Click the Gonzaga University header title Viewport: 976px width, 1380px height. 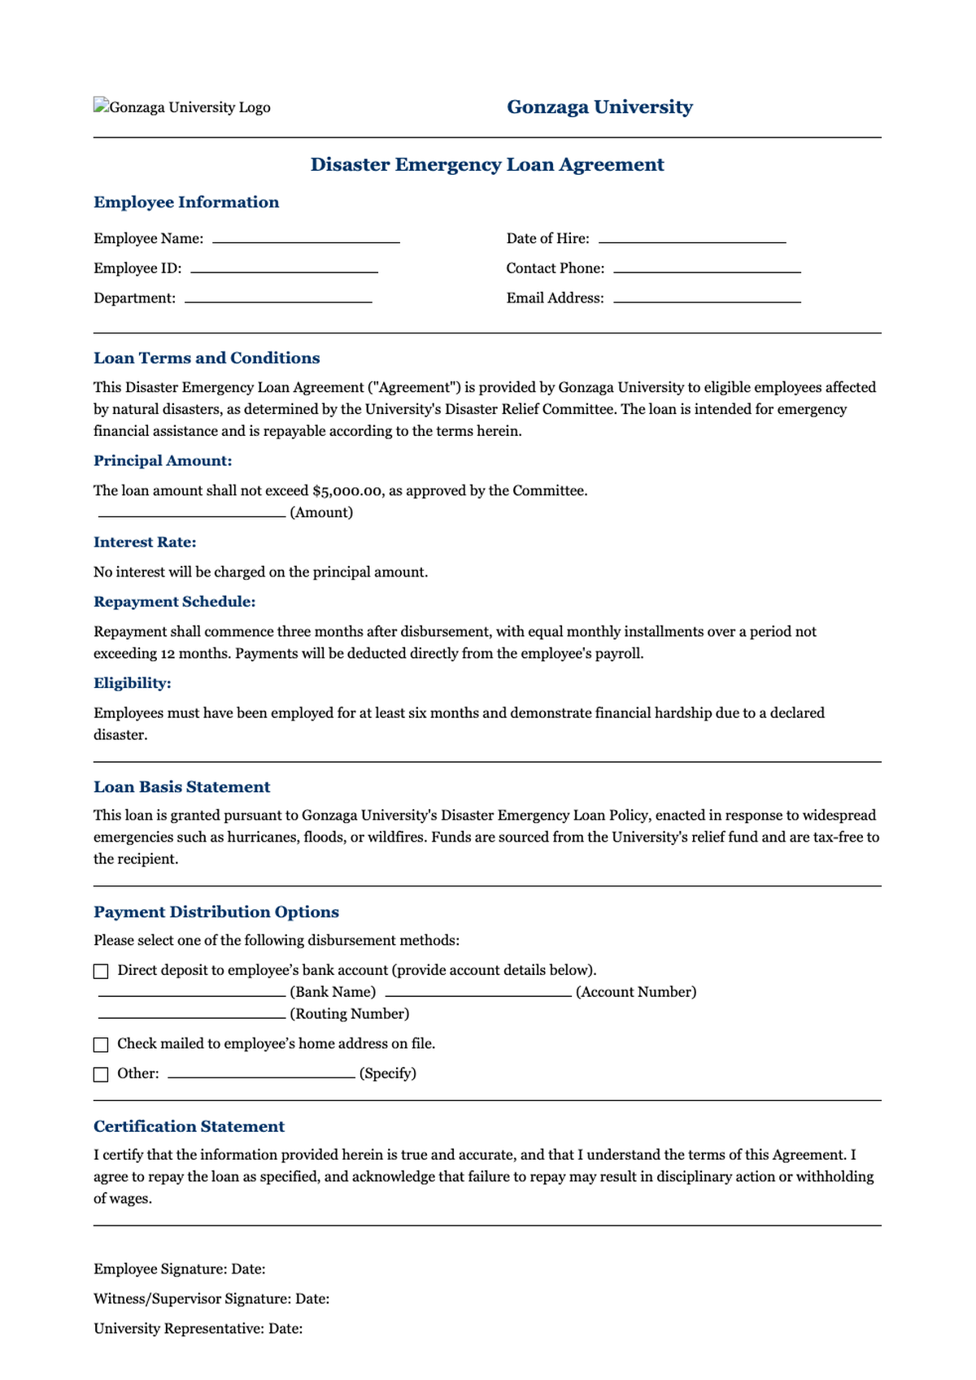(599, 107)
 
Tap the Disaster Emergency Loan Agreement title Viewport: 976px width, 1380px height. (487, 164)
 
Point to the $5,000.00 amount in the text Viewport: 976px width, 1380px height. (347, 491)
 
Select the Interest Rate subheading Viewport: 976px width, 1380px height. (145, 542)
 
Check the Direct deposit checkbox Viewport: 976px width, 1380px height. (101, 971)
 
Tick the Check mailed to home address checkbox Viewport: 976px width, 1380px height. (101, 1044)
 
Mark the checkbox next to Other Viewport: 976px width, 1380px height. (101, 1074)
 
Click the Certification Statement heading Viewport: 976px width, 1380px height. (189, 1126)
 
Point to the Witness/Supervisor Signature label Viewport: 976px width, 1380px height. (192, 1299)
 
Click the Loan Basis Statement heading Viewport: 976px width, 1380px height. (181, 786)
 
